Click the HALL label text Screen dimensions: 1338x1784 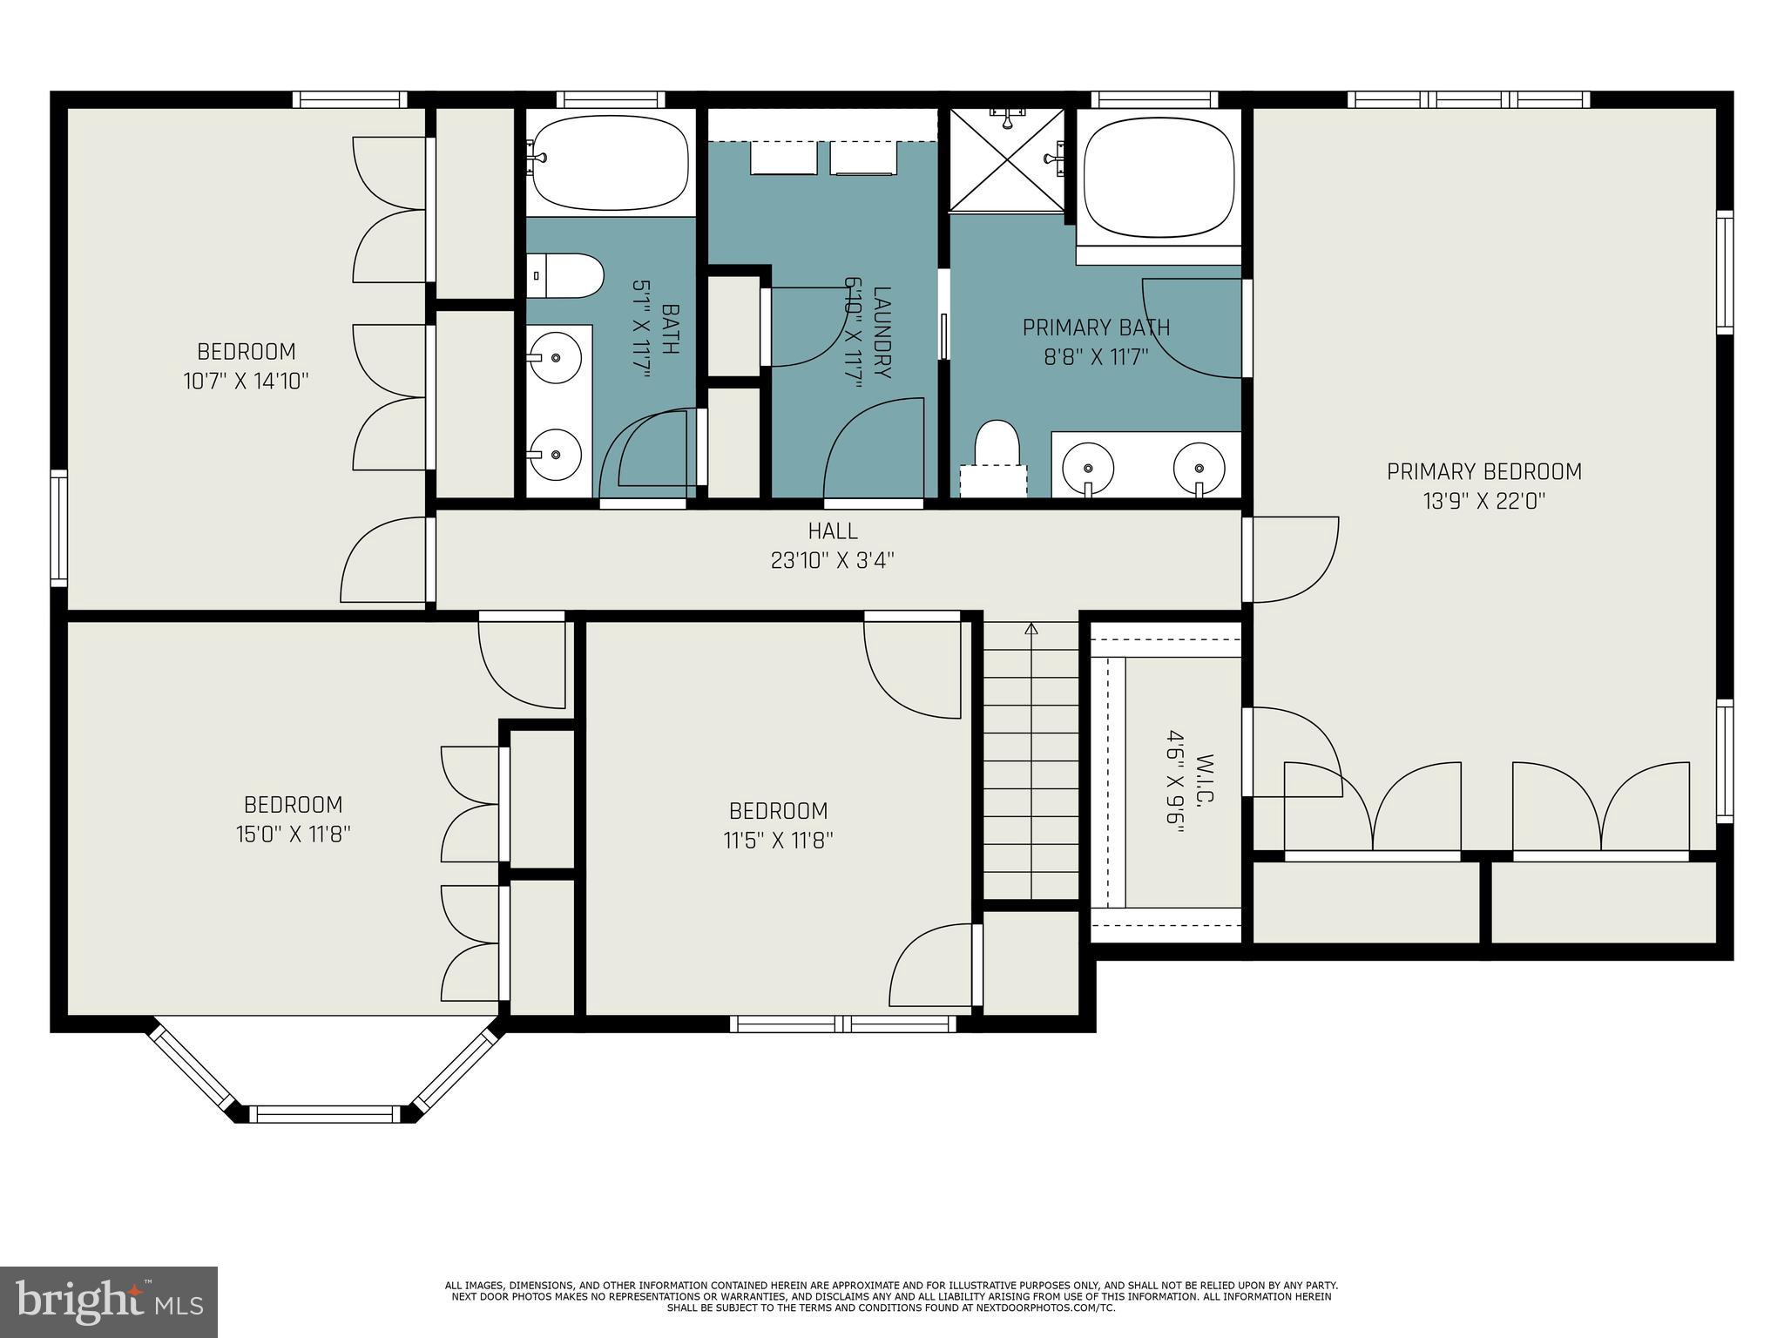[x=832, y=530]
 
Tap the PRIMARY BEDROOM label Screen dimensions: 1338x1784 [x=1483, y=471]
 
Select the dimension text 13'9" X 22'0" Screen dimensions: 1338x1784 [x=1483, y=501]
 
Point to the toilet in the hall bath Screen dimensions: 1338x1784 [x=566, y=275]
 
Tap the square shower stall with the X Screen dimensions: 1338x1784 [x=1006, y=159]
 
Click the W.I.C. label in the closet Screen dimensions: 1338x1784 [x=1206, y=780]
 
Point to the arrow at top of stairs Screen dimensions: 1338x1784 [x=1031, y=628]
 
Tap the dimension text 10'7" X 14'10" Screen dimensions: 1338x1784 [x=247, y=381]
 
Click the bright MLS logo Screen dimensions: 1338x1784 [x=108, y=1301]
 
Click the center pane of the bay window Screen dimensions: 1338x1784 [x=326, y=1112]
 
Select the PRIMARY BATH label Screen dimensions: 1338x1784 [x=1096, y=328]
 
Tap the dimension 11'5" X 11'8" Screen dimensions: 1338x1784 [x=778, y=841]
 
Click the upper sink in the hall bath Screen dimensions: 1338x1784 [x=556, y=355]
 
